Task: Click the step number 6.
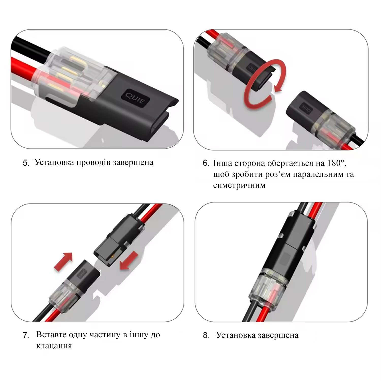click(206, 163)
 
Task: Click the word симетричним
click(239, 185)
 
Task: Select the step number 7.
click(26, 336)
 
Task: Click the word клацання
click(54, 346)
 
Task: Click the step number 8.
click(206, 336)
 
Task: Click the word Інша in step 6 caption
click(223, 163)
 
